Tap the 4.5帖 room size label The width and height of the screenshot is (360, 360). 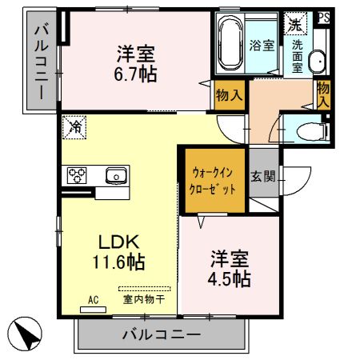tap(230, 279)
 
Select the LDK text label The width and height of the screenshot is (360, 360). tap(119, 241)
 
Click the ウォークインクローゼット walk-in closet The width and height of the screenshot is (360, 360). tap(214, 181)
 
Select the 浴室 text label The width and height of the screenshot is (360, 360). tap(261, 45)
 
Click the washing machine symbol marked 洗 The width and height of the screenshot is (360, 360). tap(296, 24)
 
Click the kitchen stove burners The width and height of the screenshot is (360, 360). tap(78, 174)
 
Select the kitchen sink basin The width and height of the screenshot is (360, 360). tap(114, 174)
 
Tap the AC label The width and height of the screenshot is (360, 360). tap(93, 300)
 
